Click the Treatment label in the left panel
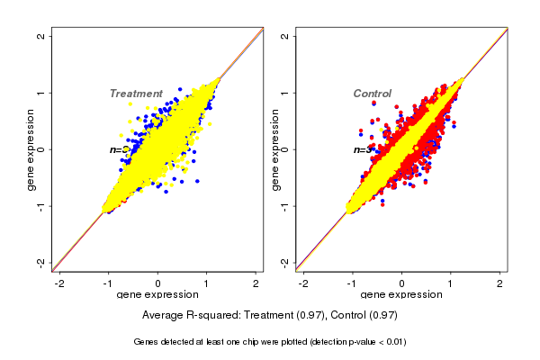coord(136,94)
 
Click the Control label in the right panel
coord(372,94)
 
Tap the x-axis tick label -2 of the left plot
coord(59,283)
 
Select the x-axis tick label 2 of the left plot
coord(256,283)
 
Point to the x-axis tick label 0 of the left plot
coord(158,283)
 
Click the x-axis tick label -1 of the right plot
coord(352,283)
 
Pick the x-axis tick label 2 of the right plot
coord(500,283)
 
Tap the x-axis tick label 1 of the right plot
coord(451,283)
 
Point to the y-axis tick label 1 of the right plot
coord(285,93)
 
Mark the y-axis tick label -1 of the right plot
coord(285,205)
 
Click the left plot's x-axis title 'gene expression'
coord(158,295)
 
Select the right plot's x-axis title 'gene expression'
coord(401,295)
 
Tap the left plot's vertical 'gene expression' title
coord(31,149)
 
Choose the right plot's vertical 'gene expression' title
coord(274,149)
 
